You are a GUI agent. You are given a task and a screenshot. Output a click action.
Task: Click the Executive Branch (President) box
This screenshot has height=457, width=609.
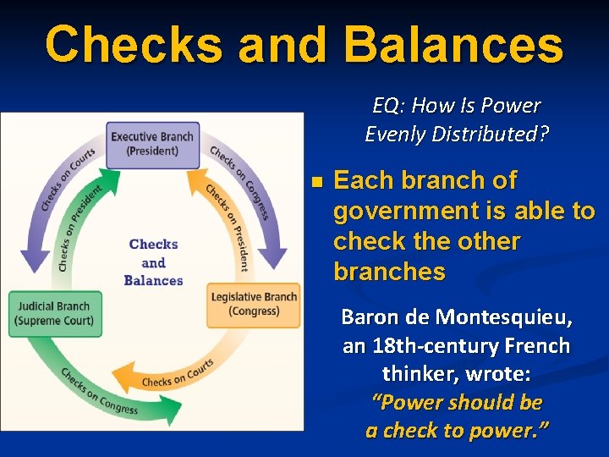click(x=153, y=144)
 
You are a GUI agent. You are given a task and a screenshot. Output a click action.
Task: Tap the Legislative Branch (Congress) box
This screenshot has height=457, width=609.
click(x=254, y=305)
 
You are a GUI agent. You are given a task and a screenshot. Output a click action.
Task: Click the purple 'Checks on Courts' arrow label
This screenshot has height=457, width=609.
click(x=69, y=179)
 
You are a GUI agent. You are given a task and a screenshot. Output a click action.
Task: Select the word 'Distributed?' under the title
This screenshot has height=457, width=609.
click(x=499, y=134)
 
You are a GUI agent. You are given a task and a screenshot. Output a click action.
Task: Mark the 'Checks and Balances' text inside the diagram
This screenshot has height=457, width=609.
click(x=153, y=262)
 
